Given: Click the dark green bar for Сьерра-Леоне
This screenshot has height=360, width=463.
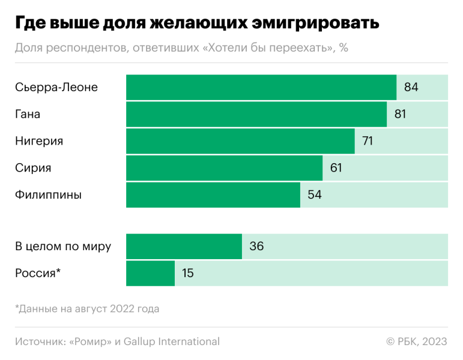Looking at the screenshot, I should click(x=261, y=87).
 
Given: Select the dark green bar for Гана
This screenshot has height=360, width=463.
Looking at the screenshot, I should click(x=256, y=114).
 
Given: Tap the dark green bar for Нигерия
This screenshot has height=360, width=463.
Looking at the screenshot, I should click(x=240, y=141).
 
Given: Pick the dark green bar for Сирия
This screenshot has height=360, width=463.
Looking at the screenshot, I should click(x=224, y=168).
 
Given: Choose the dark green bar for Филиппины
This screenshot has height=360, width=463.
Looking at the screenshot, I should click(x=213, y=195).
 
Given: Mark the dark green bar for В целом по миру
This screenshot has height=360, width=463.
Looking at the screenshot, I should click(x=184, y=246).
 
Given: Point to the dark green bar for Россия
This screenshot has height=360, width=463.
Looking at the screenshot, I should click(x=150, y=273).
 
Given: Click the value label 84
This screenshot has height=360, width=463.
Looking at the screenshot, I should click(x=411, y=87).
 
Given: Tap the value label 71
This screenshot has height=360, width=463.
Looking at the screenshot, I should click(x=368, y=141).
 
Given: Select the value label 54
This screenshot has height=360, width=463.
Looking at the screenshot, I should click(x=315, y=195).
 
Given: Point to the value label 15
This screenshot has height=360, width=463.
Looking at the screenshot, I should click(x=187, y=273).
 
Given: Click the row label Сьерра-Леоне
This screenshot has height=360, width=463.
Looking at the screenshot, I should click(x=56, y=87).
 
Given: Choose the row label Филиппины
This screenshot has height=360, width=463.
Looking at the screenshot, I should click(x=49, y=195).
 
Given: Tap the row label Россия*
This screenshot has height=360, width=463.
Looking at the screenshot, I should click(x=38, y=273).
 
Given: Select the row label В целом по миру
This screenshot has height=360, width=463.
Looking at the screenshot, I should click(x=63, y=246).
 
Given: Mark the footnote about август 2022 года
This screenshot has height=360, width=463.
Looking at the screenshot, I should click(x=87, y=308).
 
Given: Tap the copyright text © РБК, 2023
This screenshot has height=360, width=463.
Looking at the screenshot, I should click(x=417, y=341).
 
